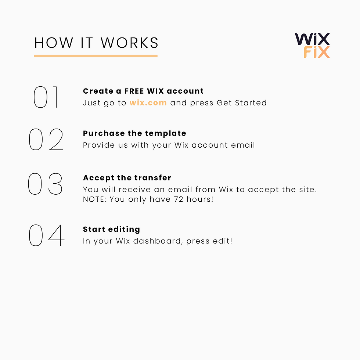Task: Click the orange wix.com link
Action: tap(148, 102)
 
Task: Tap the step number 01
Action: tap(46, 97)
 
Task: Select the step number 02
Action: tap(46, 139)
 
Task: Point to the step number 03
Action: tap(45, 184)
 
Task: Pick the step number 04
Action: tap(47, 235)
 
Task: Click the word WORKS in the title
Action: tap(129, 43)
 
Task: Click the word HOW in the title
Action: tap(54, 43)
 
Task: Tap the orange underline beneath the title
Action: tap(96, 56)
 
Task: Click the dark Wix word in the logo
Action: tap(312, 39)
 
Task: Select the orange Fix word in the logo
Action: tap(317, 52)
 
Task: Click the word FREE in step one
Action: tap(134, 91)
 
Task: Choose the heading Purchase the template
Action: tap(134, 133)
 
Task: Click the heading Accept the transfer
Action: tap(127, 178)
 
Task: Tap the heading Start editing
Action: tap(111, 229)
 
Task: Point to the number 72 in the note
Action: tap(179, 199)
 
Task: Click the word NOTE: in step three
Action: tap(95, 199)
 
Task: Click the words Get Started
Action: tap(242, 102)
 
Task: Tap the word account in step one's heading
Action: tap(185, 91)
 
